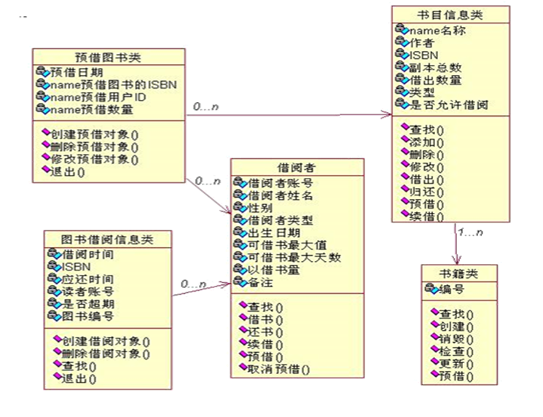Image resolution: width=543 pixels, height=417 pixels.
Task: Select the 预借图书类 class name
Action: (109, 57)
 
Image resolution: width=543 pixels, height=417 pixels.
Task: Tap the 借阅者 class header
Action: (296, 168)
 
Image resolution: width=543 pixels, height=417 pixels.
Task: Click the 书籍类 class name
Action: (458, 274)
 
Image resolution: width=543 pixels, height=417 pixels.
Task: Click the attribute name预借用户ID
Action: (98, 98)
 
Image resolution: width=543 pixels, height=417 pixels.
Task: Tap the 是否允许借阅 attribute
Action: (449, 105)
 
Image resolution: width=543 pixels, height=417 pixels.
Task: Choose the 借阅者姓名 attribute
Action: (281, 195)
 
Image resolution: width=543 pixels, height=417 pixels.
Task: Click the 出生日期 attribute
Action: (277, 233)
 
